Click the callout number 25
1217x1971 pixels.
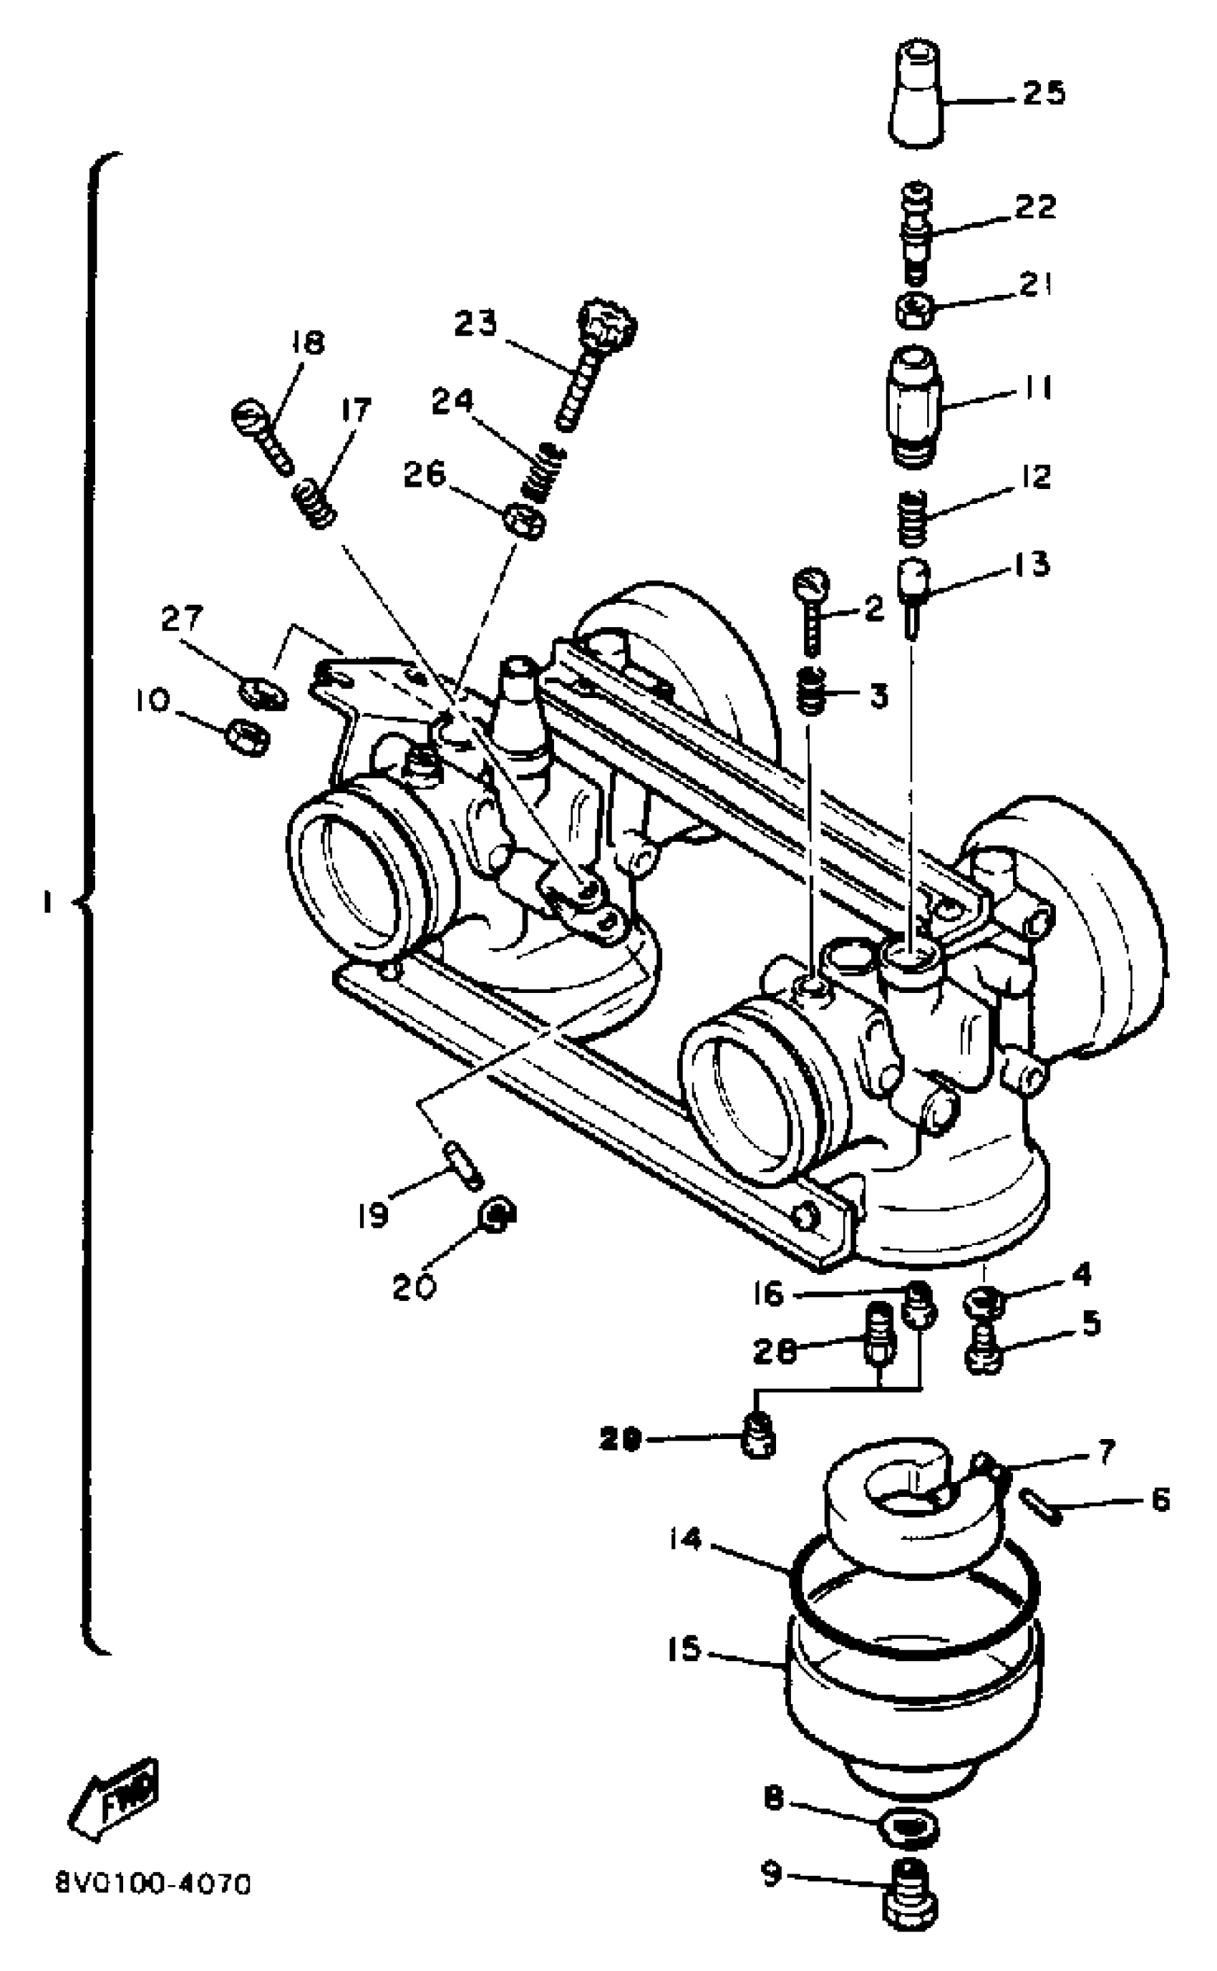pos(1044,93)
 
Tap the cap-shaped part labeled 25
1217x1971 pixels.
pos(917,97)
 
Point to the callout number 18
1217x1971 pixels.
pos(306,343)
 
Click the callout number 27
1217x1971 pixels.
pos(182,619)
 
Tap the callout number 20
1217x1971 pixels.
pos(414,1288)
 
